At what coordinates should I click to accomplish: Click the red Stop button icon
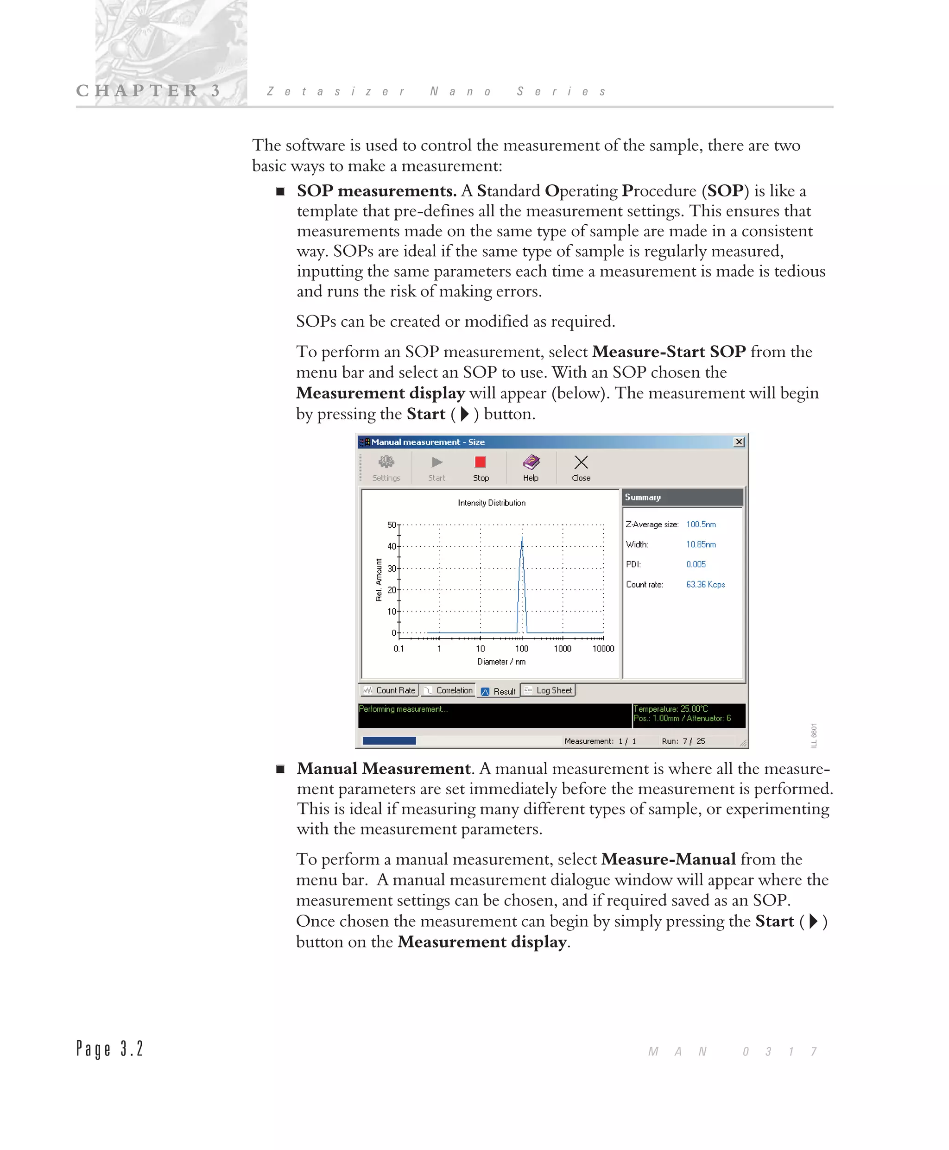pos(481,462)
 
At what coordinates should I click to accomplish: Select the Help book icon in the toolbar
pos(531,462)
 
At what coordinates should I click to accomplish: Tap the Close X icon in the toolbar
pos(581,462)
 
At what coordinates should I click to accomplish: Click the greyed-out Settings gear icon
pos(386,462)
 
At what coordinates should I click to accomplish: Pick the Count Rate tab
pos(390,690)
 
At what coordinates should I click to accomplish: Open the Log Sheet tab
pos(548,690)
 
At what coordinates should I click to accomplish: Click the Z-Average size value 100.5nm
pos(701,524)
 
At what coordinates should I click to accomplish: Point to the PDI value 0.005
pos(696,564)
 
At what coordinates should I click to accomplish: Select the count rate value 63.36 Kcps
pos(705,584)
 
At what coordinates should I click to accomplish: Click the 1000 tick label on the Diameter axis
pos(563,649)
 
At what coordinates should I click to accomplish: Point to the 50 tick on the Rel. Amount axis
pos(392,524)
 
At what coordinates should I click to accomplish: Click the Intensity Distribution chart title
pos(492,503)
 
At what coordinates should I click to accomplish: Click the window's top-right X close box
pos(739,442)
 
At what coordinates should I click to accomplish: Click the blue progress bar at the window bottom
pos(389,740)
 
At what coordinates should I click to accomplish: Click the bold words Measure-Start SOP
pos(669,352)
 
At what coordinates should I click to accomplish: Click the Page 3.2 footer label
pos(110,1049)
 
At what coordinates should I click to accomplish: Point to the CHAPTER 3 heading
pos(148,90)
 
